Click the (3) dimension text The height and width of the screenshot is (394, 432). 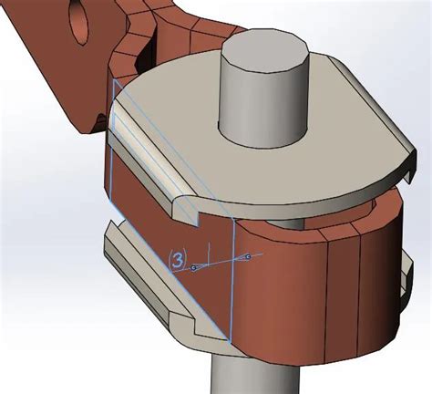179,260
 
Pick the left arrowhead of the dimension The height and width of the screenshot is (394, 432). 194,267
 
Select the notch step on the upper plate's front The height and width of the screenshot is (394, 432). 191,214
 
